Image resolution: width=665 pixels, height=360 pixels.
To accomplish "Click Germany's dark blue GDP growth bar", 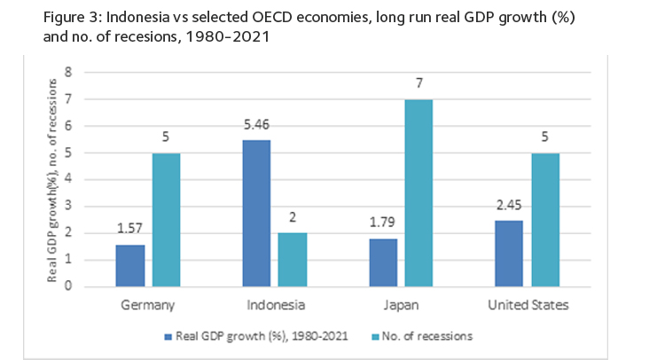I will [x=129, y=265].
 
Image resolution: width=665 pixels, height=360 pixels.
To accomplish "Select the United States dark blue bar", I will [x=509, y=254].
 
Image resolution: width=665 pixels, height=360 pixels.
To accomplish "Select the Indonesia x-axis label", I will [x=274, y=305].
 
